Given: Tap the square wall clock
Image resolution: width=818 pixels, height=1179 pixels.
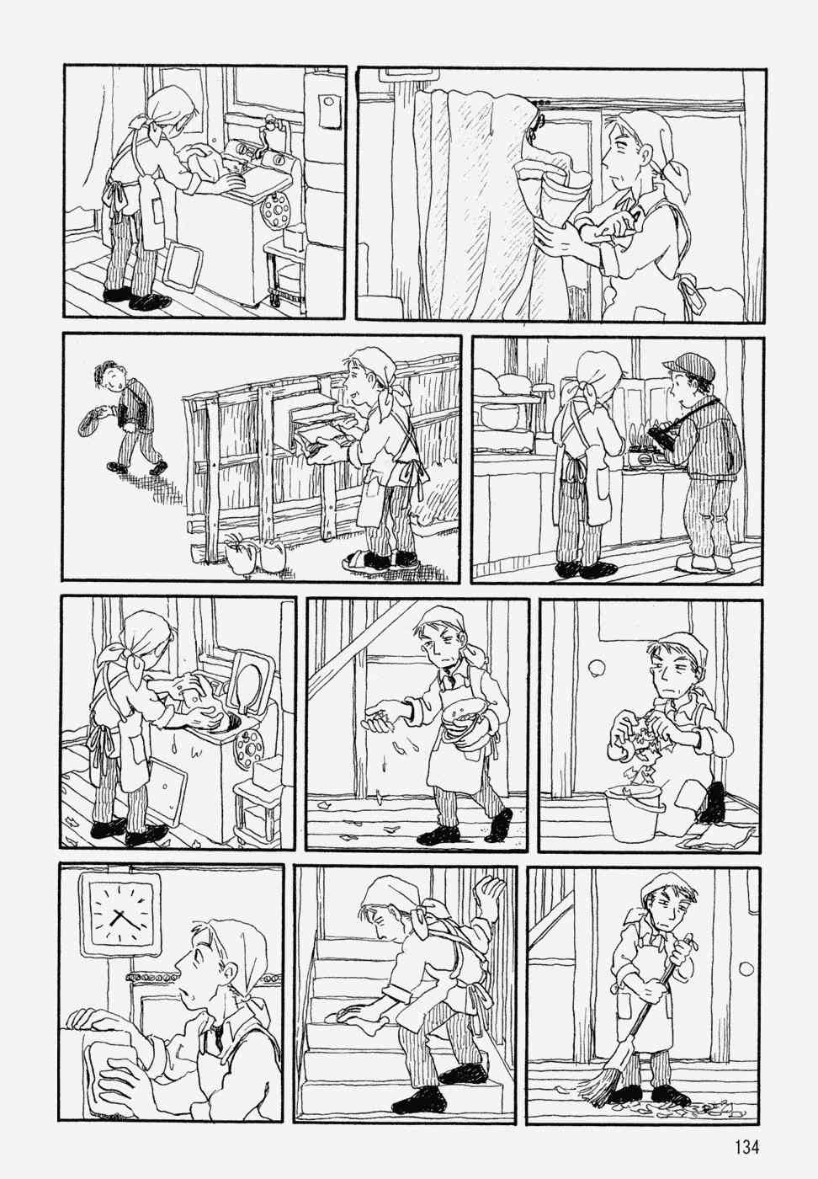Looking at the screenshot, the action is point(119,914).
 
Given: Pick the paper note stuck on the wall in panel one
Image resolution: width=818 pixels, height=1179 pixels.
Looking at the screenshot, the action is point(329,111).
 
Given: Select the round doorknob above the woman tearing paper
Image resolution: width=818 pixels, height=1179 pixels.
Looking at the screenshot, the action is point(596,669).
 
